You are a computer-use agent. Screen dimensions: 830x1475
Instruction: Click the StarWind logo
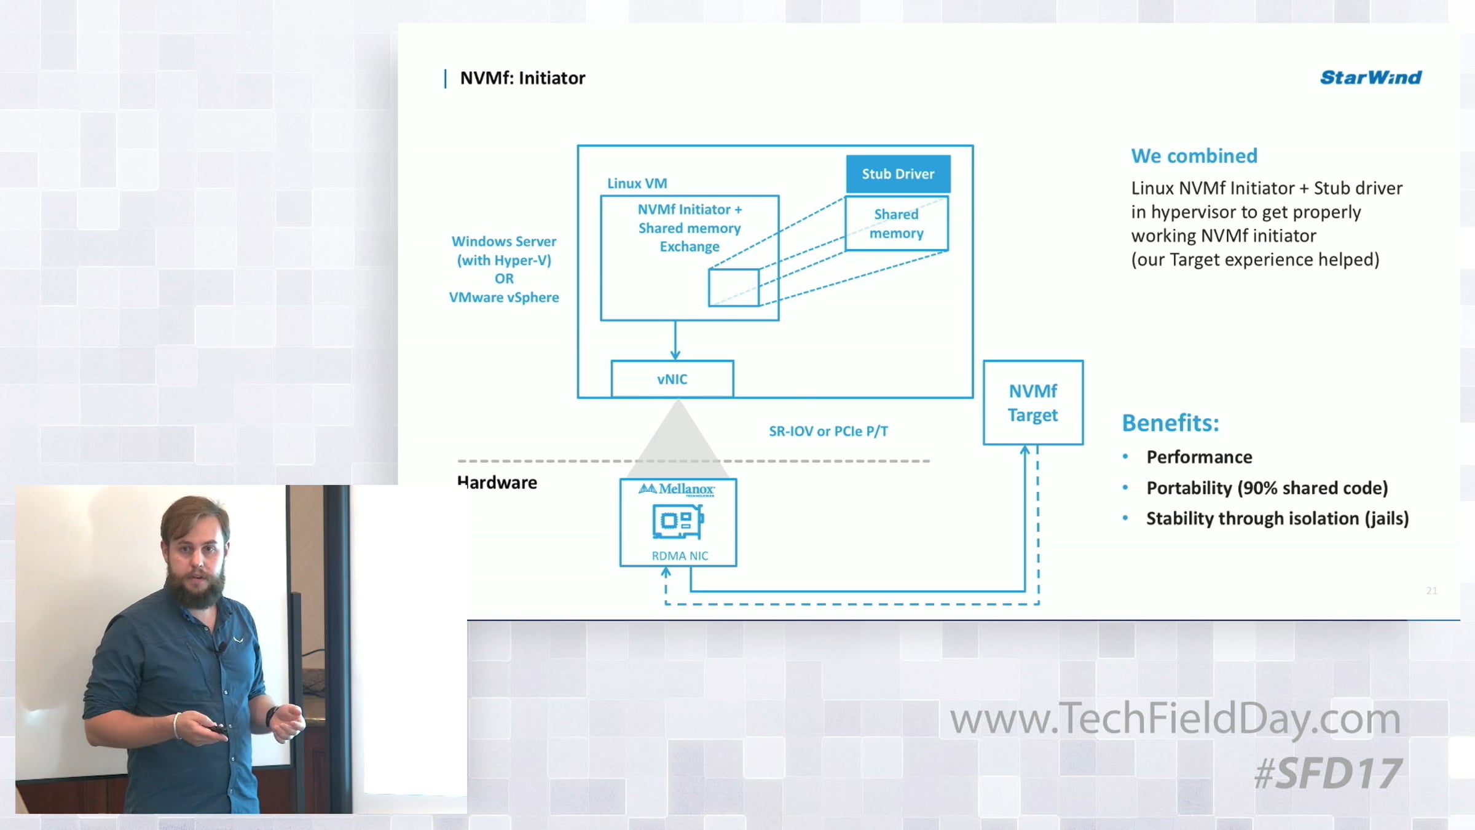click(x=1371, y=77)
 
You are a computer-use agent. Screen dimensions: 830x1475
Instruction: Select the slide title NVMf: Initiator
click(x=522, y=78)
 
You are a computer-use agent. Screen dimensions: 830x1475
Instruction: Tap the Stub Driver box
click(x=898, y=174)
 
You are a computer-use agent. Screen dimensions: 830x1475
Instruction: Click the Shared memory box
click(x=897, y=224)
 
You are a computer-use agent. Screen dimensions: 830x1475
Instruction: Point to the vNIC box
click(x=672, y=379)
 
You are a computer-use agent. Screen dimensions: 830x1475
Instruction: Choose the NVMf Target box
click(x=1033, y=403)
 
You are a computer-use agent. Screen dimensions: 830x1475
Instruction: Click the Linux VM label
click(x=637, y=183)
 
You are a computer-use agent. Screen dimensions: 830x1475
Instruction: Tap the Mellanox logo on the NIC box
click(x=677, y=489)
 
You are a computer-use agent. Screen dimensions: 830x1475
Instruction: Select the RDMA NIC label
click(x=680, y=556)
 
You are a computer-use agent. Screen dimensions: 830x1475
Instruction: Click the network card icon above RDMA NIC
click(x=677, y=521)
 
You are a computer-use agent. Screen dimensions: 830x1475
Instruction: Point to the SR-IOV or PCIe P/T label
click(x=828, y=432)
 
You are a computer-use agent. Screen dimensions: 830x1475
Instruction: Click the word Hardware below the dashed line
click(x=497, y=483)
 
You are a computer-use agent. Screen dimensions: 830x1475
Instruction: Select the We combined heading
click(x=1194, y=156)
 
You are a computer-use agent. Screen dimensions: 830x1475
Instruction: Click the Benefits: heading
click(x=1170, y=423)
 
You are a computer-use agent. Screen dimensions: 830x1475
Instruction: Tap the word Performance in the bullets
click(x=1199, y=457)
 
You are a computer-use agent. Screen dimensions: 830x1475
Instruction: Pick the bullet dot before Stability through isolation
click(x=1125, y=518)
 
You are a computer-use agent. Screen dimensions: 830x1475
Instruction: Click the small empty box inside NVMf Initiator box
click(x=733, y=287)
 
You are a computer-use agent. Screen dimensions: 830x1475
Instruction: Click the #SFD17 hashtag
click(x=1327, y=773)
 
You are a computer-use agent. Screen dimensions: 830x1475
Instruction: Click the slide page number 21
click(x=1431, y=590)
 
